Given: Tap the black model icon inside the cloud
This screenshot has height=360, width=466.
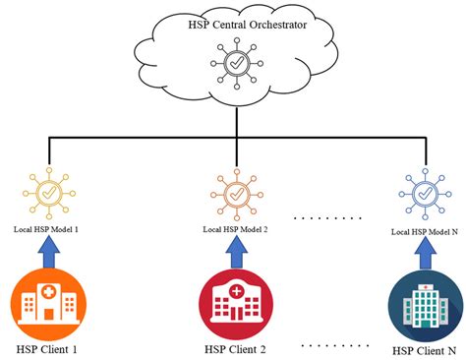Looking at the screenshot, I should pyautogui.click(x=235, y=65).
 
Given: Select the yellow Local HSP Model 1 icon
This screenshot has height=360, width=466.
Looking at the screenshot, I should pyautogui.click(x=47, y=193).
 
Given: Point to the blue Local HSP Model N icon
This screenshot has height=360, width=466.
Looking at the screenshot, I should pyautogui.click(x=425, y=195).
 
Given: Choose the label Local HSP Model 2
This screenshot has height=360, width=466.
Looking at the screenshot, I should pyautogui.click(x=236, y=229).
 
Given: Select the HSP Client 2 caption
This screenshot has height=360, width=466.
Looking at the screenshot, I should pyautogui.click(x=235, y=348).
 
